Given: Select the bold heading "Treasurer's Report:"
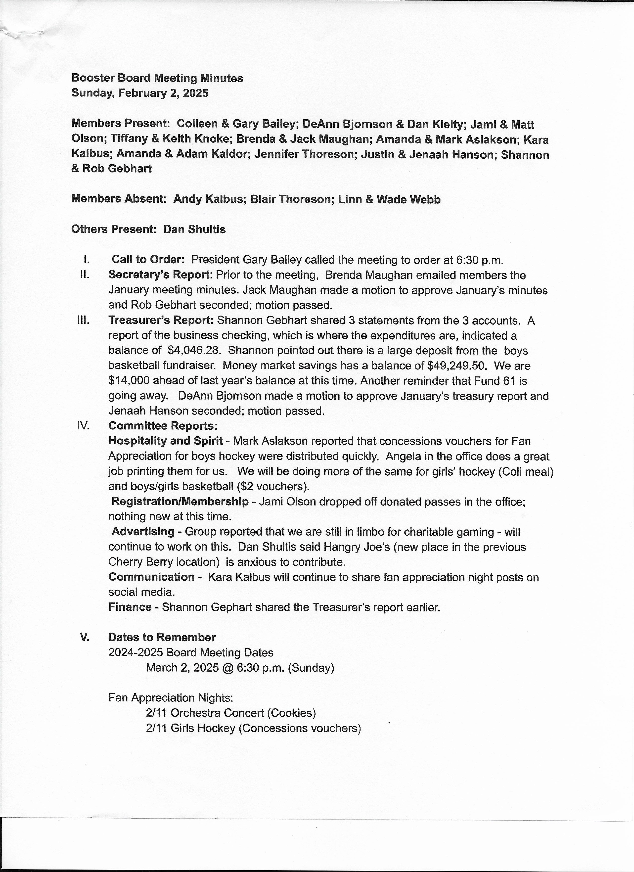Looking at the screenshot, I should [x=161, y=320].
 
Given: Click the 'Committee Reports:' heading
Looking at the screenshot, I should [x=163, y=426].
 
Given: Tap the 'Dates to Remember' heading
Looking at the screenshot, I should [x=162, y=637].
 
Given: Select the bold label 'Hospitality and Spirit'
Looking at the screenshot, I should [x=166, y=441].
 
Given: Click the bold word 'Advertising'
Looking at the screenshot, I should [x=143, y=532].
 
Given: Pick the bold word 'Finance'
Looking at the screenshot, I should [x=130, y=607].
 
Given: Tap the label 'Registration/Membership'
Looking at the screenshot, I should [x=180, y=501].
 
